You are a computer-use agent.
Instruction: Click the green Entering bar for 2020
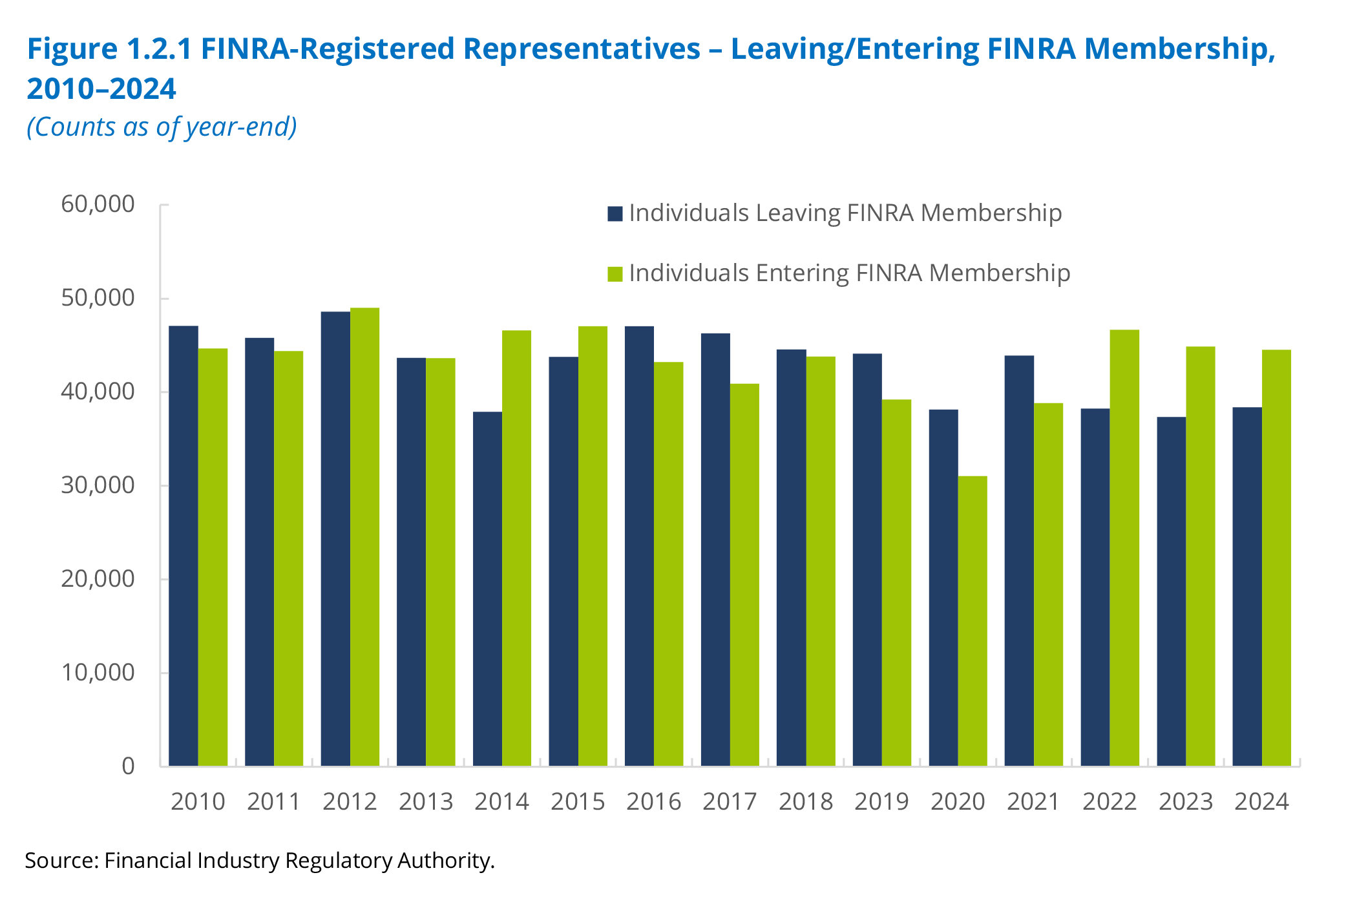[x=973, y=620]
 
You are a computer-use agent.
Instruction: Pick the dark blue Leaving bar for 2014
[x=487, y=588]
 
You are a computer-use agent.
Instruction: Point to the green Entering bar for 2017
[x=744, y=574]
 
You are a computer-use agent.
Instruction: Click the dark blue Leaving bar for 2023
[x=1171, y=591]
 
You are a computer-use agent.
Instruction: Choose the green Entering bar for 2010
[x=213, y=557]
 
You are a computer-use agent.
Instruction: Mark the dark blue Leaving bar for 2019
[x=867, y=559]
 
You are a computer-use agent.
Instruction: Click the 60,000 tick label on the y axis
[x=98, y=204]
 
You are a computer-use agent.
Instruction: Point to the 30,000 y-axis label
[x=98, y=485]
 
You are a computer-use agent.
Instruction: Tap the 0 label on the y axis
[x=128, y=766]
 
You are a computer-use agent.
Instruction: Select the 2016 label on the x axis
[x=653, y=802]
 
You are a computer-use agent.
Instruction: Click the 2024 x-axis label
[x=1261, y=802]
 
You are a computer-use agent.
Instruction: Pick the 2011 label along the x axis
[x=273, y=802]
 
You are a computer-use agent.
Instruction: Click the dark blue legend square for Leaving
[x=615, y=214]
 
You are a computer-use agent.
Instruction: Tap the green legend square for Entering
[x=615, y=274]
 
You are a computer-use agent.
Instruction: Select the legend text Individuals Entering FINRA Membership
[x=849, y=273]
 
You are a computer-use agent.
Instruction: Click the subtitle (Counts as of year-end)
[x=162, y=127]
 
